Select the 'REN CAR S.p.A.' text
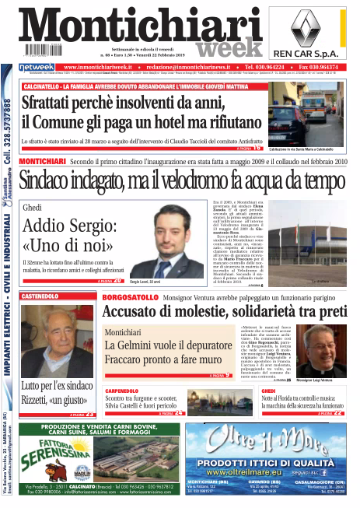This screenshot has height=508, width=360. click(x=320, y=55)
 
